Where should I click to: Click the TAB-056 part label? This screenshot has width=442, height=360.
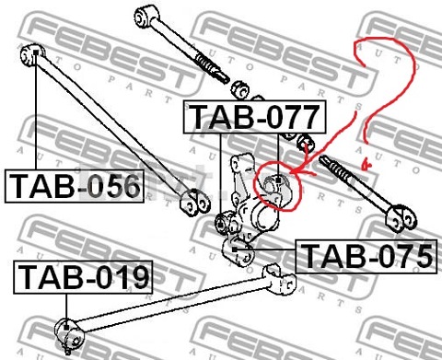(75, 186)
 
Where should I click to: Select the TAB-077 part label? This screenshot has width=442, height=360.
(254, 117)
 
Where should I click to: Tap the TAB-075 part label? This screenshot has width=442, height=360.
(366, 256)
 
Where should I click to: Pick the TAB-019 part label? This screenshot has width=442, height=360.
(83, 277)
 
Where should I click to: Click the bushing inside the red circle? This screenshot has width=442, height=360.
(274, 188)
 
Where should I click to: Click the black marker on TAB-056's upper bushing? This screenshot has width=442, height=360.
(36, 52)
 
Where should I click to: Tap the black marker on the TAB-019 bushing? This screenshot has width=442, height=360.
(66, 327)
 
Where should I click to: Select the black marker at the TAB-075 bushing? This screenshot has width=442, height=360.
(235, 250)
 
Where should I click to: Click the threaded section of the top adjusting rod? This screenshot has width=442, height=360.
(212, 67)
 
